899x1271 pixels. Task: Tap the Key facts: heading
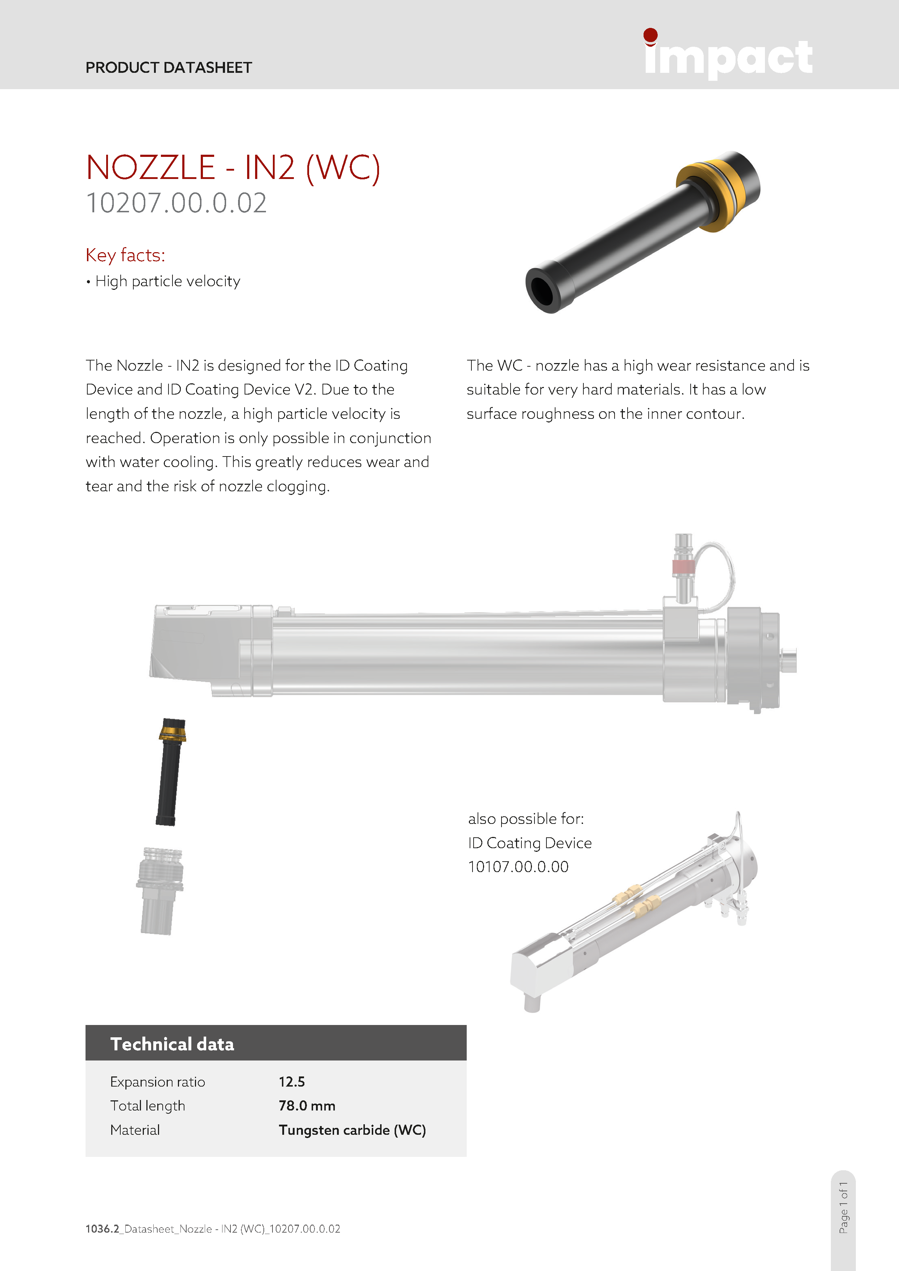click(x=125, y=255)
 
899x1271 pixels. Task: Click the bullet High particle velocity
click(x=167, y=281)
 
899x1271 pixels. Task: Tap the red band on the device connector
click(x=683, y=567)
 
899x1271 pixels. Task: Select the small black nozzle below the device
click(x=169, y=775)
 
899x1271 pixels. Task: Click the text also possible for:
click(x=526, y=819)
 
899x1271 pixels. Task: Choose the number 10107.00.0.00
click(x=518, y=867)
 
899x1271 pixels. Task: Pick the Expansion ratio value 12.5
click(x=292, y=1082)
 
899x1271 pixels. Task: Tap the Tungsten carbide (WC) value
click(x=352, y=1130)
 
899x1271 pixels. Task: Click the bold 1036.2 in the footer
click(x=103, y=1229)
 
